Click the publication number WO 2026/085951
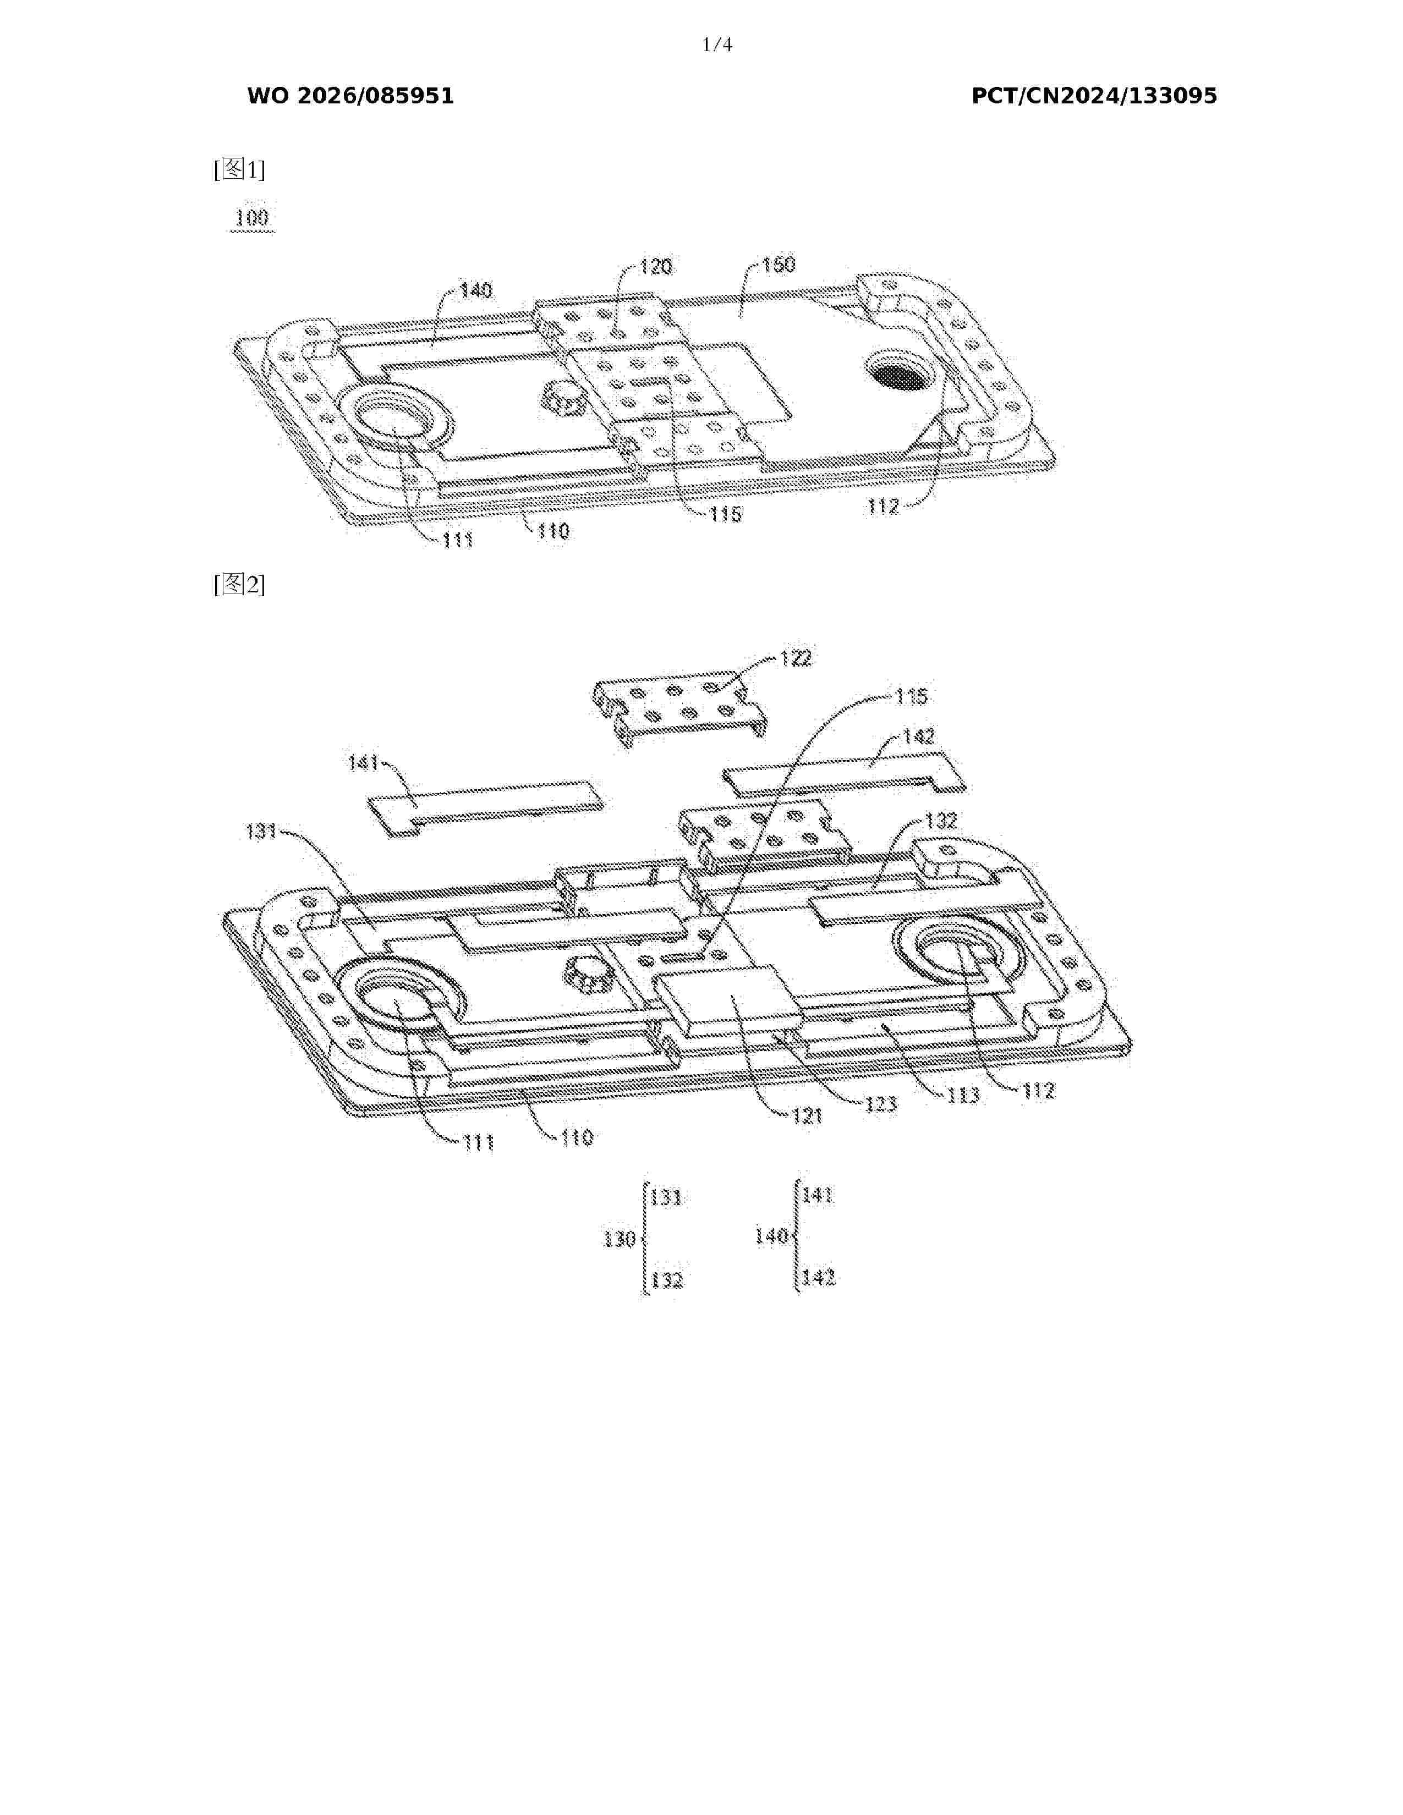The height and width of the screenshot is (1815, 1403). click(x=351, y=96)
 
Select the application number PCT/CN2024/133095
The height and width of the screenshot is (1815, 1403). click(x=1094, y=96)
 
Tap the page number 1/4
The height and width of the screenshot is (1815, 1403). click(x=717, y=45)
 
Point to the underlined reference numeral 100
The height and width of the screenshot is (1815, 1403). click(x=252, y=218)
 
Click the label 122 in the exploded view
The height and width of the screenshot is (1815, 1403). click(x=796, y=658)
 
